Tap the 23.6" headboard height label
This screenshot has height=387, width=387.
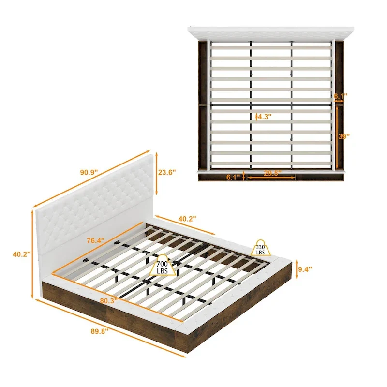[167, 172]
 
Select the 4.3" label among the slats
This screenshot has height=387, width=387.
[264, 116]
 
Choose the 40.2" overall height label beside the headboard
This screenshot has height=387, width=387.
[22, 253]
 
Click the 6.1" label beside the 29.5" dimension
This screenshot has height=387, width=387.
[233, 177]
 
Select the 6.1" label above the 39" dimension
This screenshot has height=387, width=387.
[341, 97]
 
